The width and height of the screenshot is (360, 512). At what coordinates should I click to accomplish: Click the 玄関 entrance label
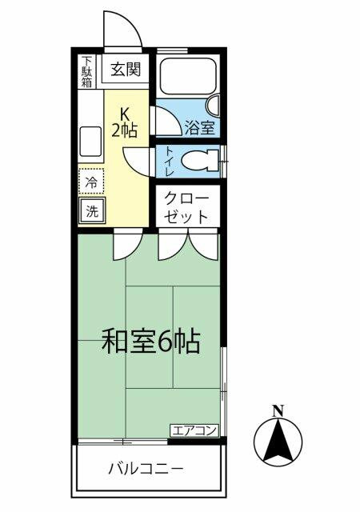(126, 70)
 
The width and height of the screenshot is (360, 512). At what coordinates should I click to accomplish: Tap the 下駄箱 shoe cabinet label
(86, 72)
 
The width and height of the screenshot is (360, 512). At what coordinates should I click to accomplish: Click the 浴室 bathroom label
(200, 128)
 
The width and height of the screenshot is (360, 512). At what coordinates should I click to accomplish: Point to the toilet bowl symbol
(200, 160)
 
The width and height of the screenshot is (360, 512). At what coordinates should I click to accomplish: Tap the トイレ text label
(170, 162)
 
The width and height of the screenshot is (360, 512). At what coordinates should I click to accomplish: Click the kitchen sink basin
(90, 142)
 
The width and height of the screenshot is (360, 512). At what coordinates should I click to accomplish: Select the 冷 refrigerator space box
(91, 182)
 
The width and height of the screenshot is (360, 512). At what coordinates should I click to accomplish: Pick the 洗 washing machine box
(92, 211)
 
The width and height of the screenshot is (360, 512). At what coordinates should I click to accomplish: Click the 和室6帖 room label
(150, 342)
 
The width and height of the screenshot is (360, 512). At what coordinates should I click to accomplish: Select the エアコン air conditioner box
(194, 430)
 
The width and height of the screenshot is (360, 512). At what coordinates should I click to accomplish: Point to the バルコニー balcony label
(146, 470)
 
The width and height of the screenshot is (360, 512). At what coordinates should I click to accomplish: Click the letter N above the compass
(278, 410)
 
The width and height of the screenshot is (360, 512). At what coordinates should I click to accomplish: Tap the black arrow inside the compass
(278, 443)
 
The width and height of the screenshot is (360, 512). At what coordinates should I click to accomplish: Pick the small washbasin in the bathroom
(214, 106)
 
